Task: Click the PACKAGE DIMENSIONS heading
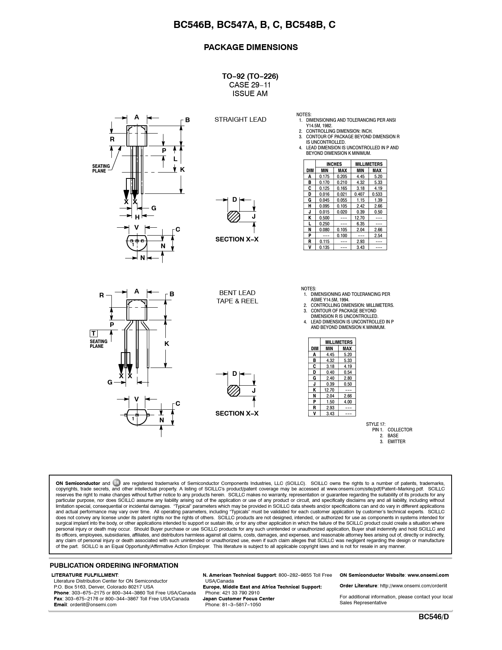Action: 250,47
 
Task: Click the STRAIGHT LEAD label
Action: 240,119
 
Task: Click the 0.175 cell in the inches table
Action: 324,176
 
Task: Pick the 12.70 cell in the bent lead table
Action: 329,390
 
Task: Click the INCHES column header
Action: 334,164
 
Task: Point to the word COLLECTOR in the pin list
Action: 400,430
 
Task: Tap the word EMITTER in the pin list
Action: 396,442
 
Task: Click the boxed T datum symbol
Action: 94,334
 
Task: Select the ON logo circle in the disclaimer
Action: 117,483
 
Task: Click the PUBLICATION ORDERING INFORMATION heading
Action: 114,566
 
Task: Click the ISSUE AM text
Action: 250,94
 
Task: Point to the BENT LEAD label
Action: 237,293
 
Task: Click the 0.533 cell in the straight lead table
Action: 377,194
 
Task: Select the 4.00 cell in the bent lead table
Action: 347,402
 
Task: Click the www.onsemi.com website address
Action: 428,575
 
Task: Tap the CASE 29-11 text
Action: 250,85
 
